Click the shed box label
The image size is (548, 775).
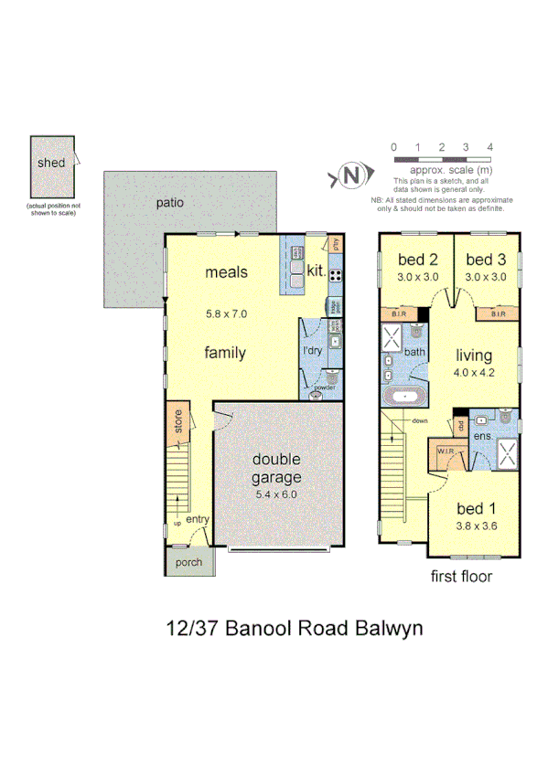52,163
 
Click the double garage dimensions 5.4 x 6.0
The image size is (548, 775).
277,494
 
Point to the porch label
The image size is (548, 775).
188,562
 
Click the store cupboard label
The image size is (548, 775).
178,425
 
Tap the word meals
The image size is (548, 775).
226,271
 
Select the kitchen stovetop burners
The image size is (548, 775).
335,274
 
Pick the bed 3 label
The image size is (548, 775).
485,258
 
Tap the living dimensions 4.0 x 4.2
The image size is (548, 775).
475,372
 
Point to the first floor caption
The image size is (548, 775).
461,577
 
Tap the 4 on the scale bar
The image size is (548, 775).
491,146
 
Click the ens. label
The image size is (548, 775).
482,438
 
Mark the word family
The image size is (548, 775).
224,353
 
